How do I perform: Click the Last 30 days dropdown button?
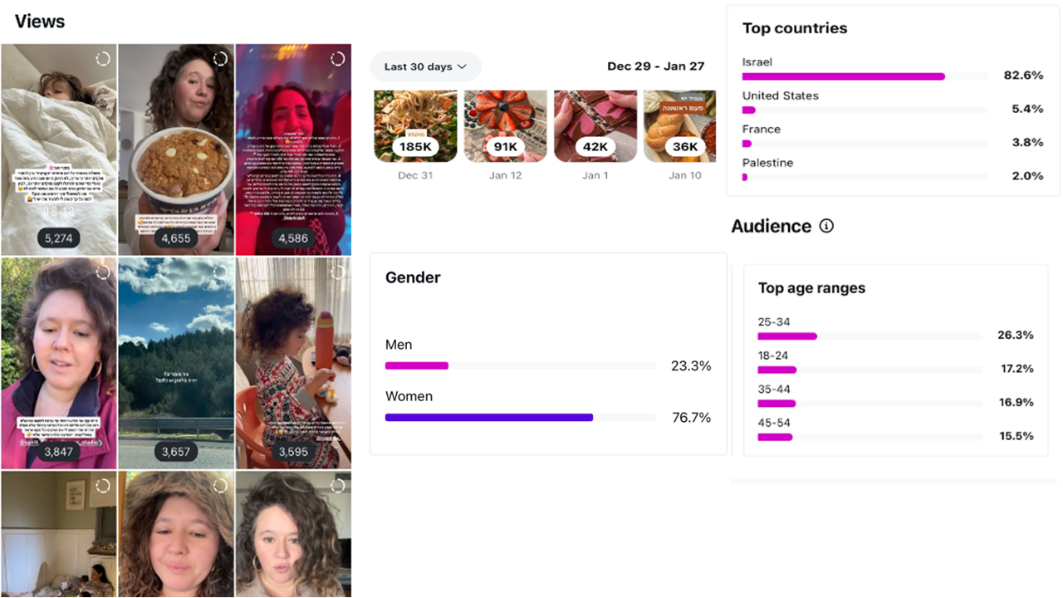pyautogui.click(x=425, y=66)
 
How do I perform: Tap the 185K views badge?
pyautogui.click(x=415, y=147)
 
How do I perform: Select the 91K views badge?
pyautogui.click(x=505, y=147)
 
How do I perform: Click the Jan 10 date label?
pyautogui.click(x=685, y=175)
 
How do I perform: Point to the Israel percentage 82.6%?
pyautogui.click(x=1023, y=76)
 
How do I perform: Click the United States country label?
pyautogui.click(x=780, y=96)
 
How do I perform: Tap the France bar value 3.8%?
pyautogui.click(x=1027, y=142)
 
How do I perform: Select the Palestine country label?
pyautogui.click(x=767, y=163)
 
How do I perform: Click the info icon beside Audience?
pyautogui.click(x=826, y=226)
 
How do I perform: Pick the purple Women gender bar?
pyautogui.click(x=489, y=417)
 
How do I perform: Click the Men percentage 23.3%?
pyautogui.click(x=691, y=365)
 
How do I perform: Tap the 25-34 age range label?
pyautogui.click(x=773, y=322)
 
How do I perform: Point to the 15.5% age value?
pyautogui.click(x=1016, y=436)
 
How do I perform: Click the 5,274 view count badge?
pyautogui.click(x=59, y=238)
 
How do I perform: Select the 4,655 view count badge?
pyautogui.click(x=176, y=238)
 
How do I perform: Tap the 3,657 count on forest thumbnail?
pyautogui.click(x=176, y=452)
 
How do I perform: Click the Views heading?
pyautogui.click(x=40, y=22)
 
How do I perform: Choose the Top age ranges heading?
pyautogui.click(x=811, y=288)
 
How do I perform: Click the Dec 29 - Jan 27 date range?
pyautogui.click(x=655, y=66)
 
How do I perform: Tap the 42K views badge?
pyautogui.click(x=595, y=147)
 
